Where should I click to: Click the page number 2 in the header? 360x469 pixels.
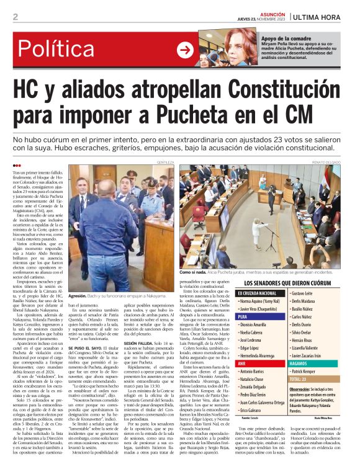[15, 17]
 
